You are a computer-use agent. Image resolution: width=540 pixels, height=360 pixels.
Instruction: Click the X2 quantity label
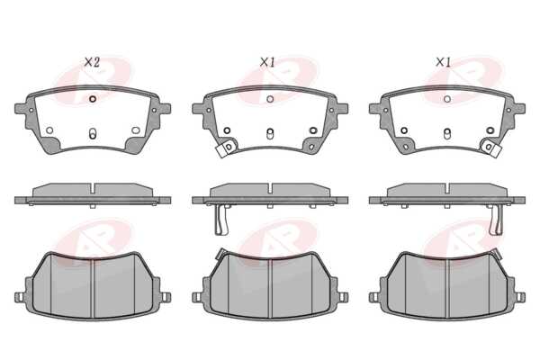point(92,62)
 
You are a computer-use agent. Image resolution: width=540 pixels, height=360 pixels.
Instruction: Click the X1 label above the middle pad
point(267,62)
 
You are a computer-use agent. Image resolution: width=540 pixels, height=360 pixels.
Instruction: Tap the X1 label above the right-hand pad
point(443,62)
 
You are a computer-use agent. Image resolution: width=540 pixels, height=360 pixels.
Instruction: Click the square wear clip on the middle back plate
point(226,148)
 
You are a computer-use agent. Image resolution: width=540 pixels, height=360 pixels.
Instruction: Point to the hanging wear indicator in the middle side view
point(221,220)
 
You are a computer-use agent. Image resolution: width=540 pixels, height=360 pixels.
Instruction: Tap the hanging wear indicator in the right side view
point(496,220)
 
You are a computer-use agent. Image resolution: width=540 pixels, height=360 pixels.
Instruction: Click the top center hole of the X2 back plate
point(93,99)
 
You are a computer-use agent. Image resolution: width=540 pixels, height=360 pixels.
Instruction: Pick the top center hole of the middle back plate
point(270,99)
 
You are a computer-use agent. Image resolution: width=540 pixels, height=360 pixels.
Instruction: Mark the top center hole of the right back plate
point(447,99)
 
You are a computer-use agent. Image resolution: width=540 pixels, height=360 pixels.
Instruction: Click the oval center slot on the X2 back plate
point(93,134)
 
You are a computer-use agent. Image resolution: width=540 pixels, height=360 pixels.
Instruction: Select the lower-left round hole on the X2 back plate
point(49,130)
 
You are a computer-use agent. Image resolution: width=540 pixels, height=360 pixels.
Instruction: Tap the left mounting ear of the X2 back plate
point(21,109)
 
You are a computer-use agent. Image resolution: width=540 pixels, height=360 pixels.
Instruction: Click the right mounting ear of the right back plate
point(519,109)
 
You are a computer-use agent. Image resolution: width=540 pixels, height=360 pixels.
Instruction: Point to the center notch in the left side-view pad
point(93,189)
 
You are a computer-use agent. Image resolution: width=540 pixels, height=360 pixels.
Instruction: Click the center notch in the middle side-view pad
point(270,189)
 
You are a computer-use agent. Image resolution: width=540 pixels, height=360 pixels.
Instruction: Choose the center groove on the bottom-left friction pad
point(93,288)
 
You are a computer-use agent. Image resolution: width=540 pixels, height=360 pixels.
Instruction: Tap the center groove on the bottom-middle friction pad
point(270,288)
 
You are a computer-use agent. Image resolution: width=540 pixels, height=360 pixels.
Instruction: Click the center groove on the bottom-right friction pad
point(447,288)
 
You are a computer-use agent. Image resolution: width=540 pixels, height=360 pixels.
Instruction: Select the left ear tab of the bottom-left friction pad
point(19,297)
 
